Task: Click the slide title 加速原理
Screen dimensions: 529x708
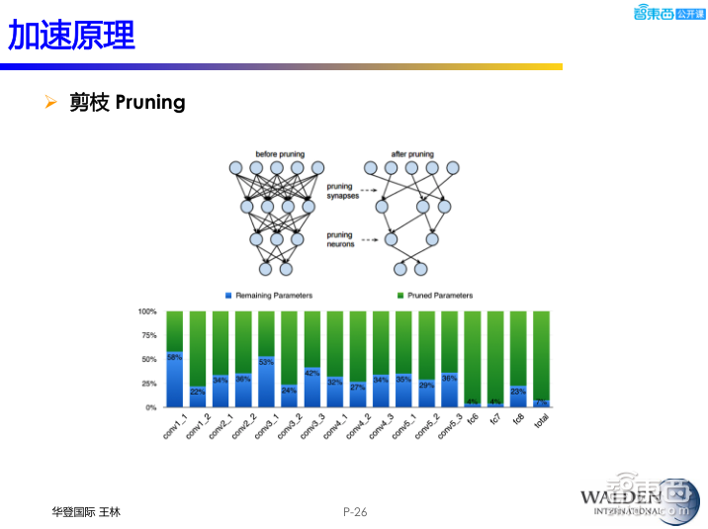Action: click(x=71, y=36)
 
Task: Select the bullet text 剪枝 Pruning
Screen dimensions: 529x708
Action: click(x=127, y=102)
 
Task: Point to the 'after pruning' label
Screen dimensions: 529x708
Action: click(x=411, y=154)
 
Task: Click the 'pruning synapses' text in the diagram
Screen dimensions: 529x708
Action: click(x=343, y=191)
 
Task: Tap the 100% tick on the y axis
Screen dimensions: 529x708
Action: click(x=147, y=311)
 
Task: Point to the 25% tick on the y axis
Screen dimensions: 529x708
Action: click(x=149, y=384)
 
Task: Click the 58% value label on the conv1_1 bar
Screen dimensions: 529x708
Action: click(x=175, y=357)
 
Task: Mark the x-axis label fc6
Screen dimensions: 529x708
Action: click(x=472, y=419)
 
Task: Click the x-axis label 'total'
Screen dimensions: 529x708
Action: click(x=540, y=421)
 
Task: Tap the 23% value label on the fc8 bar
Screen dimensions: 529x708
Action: click(x=517, y=392)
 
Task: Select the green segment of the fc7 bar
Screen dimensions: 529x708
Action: click(x=494, y=356)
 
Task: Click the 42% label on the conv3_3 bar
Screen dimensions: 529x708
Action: click(x=311, y=373)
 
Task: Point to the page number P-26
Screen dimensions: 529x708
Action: click(x=354, y=511)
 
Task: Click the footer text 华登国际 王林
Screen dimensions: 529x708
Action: click(x=86, y=511)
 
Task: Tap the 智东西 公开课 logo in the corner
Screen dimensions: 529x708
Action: click(x=667, y=13)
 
